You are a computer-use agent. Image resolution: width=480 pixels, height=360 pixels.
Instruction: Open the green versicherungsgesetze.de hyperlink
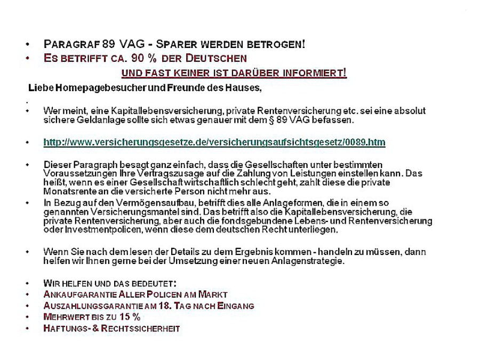(x=214, y=142)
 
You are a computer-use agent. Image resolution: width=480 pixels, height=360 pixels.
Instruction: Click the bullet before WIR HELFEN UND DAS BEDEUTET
(x=27, y=283)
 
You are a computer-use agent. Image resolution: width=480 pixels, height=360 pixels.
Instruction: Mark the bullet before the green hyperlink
(x=27, y=143)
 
